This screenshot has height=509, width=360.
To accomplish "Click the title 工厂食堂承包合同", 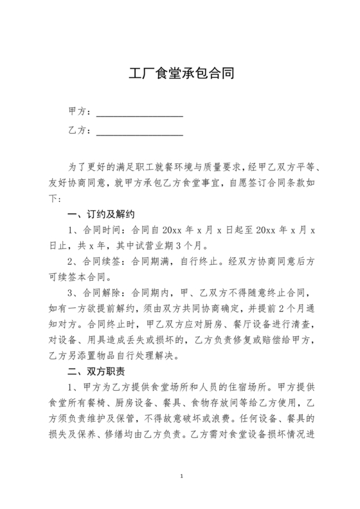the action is [x=179, y=72].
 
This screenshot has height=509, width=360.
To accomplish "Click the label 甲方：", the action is [x=80, y=111].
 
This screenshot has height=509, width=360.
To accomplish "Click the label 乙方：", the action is [x=80, y=131].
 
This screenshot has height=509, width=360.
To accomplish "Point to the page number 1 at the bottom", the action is [x=183, y=476].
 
